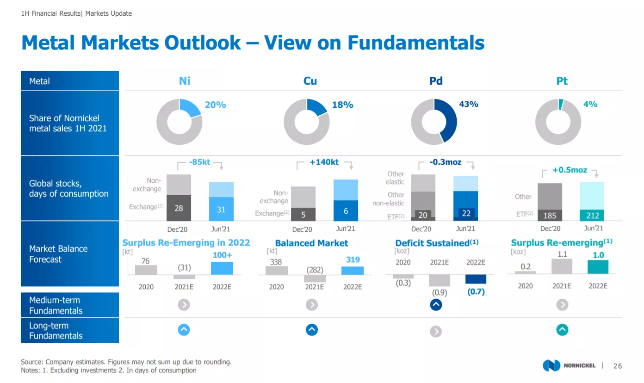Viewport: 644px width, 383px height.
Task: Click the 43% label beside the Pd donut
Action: [x=469, y=104]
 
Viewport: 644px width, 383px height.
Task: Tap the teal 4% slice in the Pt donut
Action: [x=561, y=104]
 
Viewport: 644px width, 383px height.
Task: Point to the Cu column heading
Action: [x=310, y=81]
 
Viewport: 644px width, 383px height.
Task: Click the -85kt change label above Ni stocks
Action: [x=199, y=162]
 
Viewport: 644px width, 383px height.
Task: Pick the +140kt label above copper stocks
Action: [x=324, y=162]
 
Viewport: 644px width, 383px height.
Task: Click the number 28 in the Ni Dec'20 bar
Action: [x=179, y=208]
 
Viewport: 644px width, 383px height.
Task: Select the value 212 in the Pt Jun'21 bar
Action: [x=592, y=216]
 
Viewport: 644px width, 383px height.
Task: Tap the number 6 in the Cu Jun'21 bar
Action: [x=346, y=211]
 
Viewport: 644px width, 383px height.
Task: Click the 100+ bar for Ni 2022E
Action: [x=222, y=268]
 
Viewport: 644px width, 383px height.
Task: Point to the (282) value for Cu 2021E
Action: [x=315, y=270]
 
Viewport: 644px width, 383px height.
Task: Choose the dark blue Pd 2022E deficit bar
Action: [x=476, y=279]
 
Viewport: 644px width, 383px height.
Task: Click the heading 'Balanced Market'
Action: [x=312, y=243]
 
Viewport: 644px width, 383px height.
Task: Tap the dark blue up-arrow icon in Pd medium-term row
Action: [x=436, y=305]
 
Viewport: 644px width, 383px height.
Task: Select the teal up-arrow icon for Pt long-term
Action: [x=562, y=330]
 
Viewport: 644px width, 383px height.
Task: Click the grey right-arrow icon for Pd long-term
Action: [x=436, y=332]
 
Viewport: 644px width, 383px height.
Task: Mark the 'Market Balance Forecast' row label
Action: [x=58, y=254]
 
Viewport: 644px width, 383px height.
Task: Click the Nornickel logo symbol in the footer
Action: [x=551, y=365]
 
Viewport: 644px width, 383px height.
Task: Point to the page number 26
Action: [x=618, y=366]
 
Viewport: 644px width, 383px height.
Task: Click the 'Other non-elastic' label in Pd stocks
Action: [x=389, y=199]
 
